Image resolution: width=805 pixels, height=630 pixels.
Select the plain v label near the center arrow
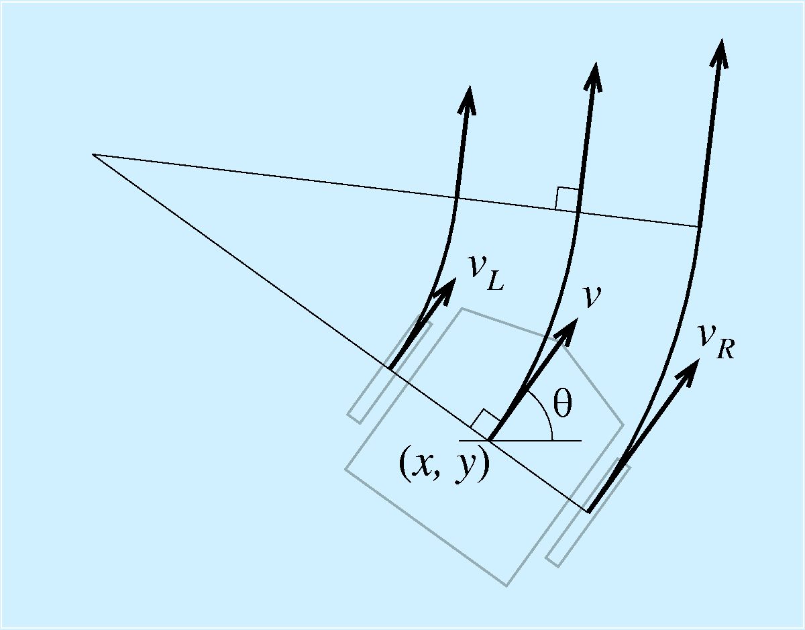click(x=592, y=297)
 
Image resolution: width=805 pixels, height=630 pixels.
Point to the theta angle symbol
click(x=562, y=403)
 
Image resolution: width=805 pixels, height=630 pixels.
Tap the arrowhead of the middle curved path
click(x=594, y=77)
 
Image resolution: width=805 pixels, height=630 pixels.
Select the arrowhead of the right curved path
click(x=720, y=54)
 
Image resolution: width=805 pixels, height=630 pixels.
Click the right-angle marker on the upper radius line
click(x=567, y=199)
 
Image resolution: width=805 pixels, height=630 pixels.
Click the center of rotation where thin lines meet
click(x=93, y=154)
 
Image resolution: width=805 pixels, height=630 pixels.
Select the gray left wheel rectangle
click(x=390, y=369)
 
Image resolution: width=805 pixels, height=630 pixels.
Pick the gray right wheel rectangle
click(x=588, y=513)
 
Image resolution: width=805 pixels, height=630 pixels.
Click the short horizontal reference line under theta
click(x=520, y=441)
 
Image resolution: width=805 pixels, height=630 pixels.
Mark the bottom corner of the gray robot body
click(x=506, y=586)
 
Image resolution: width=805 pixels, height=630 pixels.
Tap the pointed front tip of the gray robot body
click(x=623, y=425)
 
